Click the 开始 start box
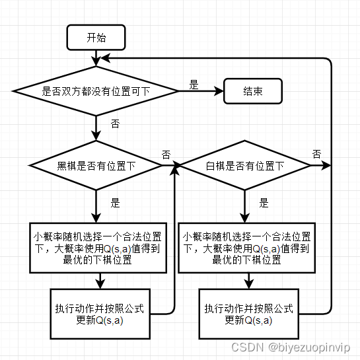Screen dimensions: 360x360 tap(96, 37)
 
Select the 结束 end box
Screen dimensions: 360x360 tap(253, 92)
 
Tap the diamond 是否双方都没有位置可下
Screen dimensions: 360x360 tap(96, 92)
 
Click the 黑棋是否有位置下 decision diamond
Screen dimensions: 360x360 tap(96, 166)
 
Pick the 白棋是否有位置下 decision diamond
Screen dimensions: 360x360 tap(246, 166)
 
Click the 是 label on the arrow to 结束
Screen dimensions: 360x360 tap(194, 85)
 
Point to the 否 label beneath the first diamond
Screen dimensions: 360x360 tap(115, 124)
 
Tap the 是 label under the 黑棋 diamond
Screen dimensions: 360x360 tap(115, 203)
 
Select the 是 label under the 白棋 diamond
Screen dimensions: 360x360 tap(264, 203)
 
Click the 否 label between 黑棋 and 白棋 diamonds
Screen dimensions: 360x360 tap(166, 155)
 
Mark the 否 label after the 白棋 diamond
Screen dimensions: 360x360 tap(316, 154)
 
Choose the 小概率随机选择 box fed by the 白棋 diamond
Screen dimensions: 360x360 tap(246, 248)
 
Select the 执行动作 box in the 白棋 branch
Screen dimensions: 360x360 tap(248, 315)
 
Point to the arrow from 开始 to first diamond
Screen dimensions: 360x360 tap(96, 57)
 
